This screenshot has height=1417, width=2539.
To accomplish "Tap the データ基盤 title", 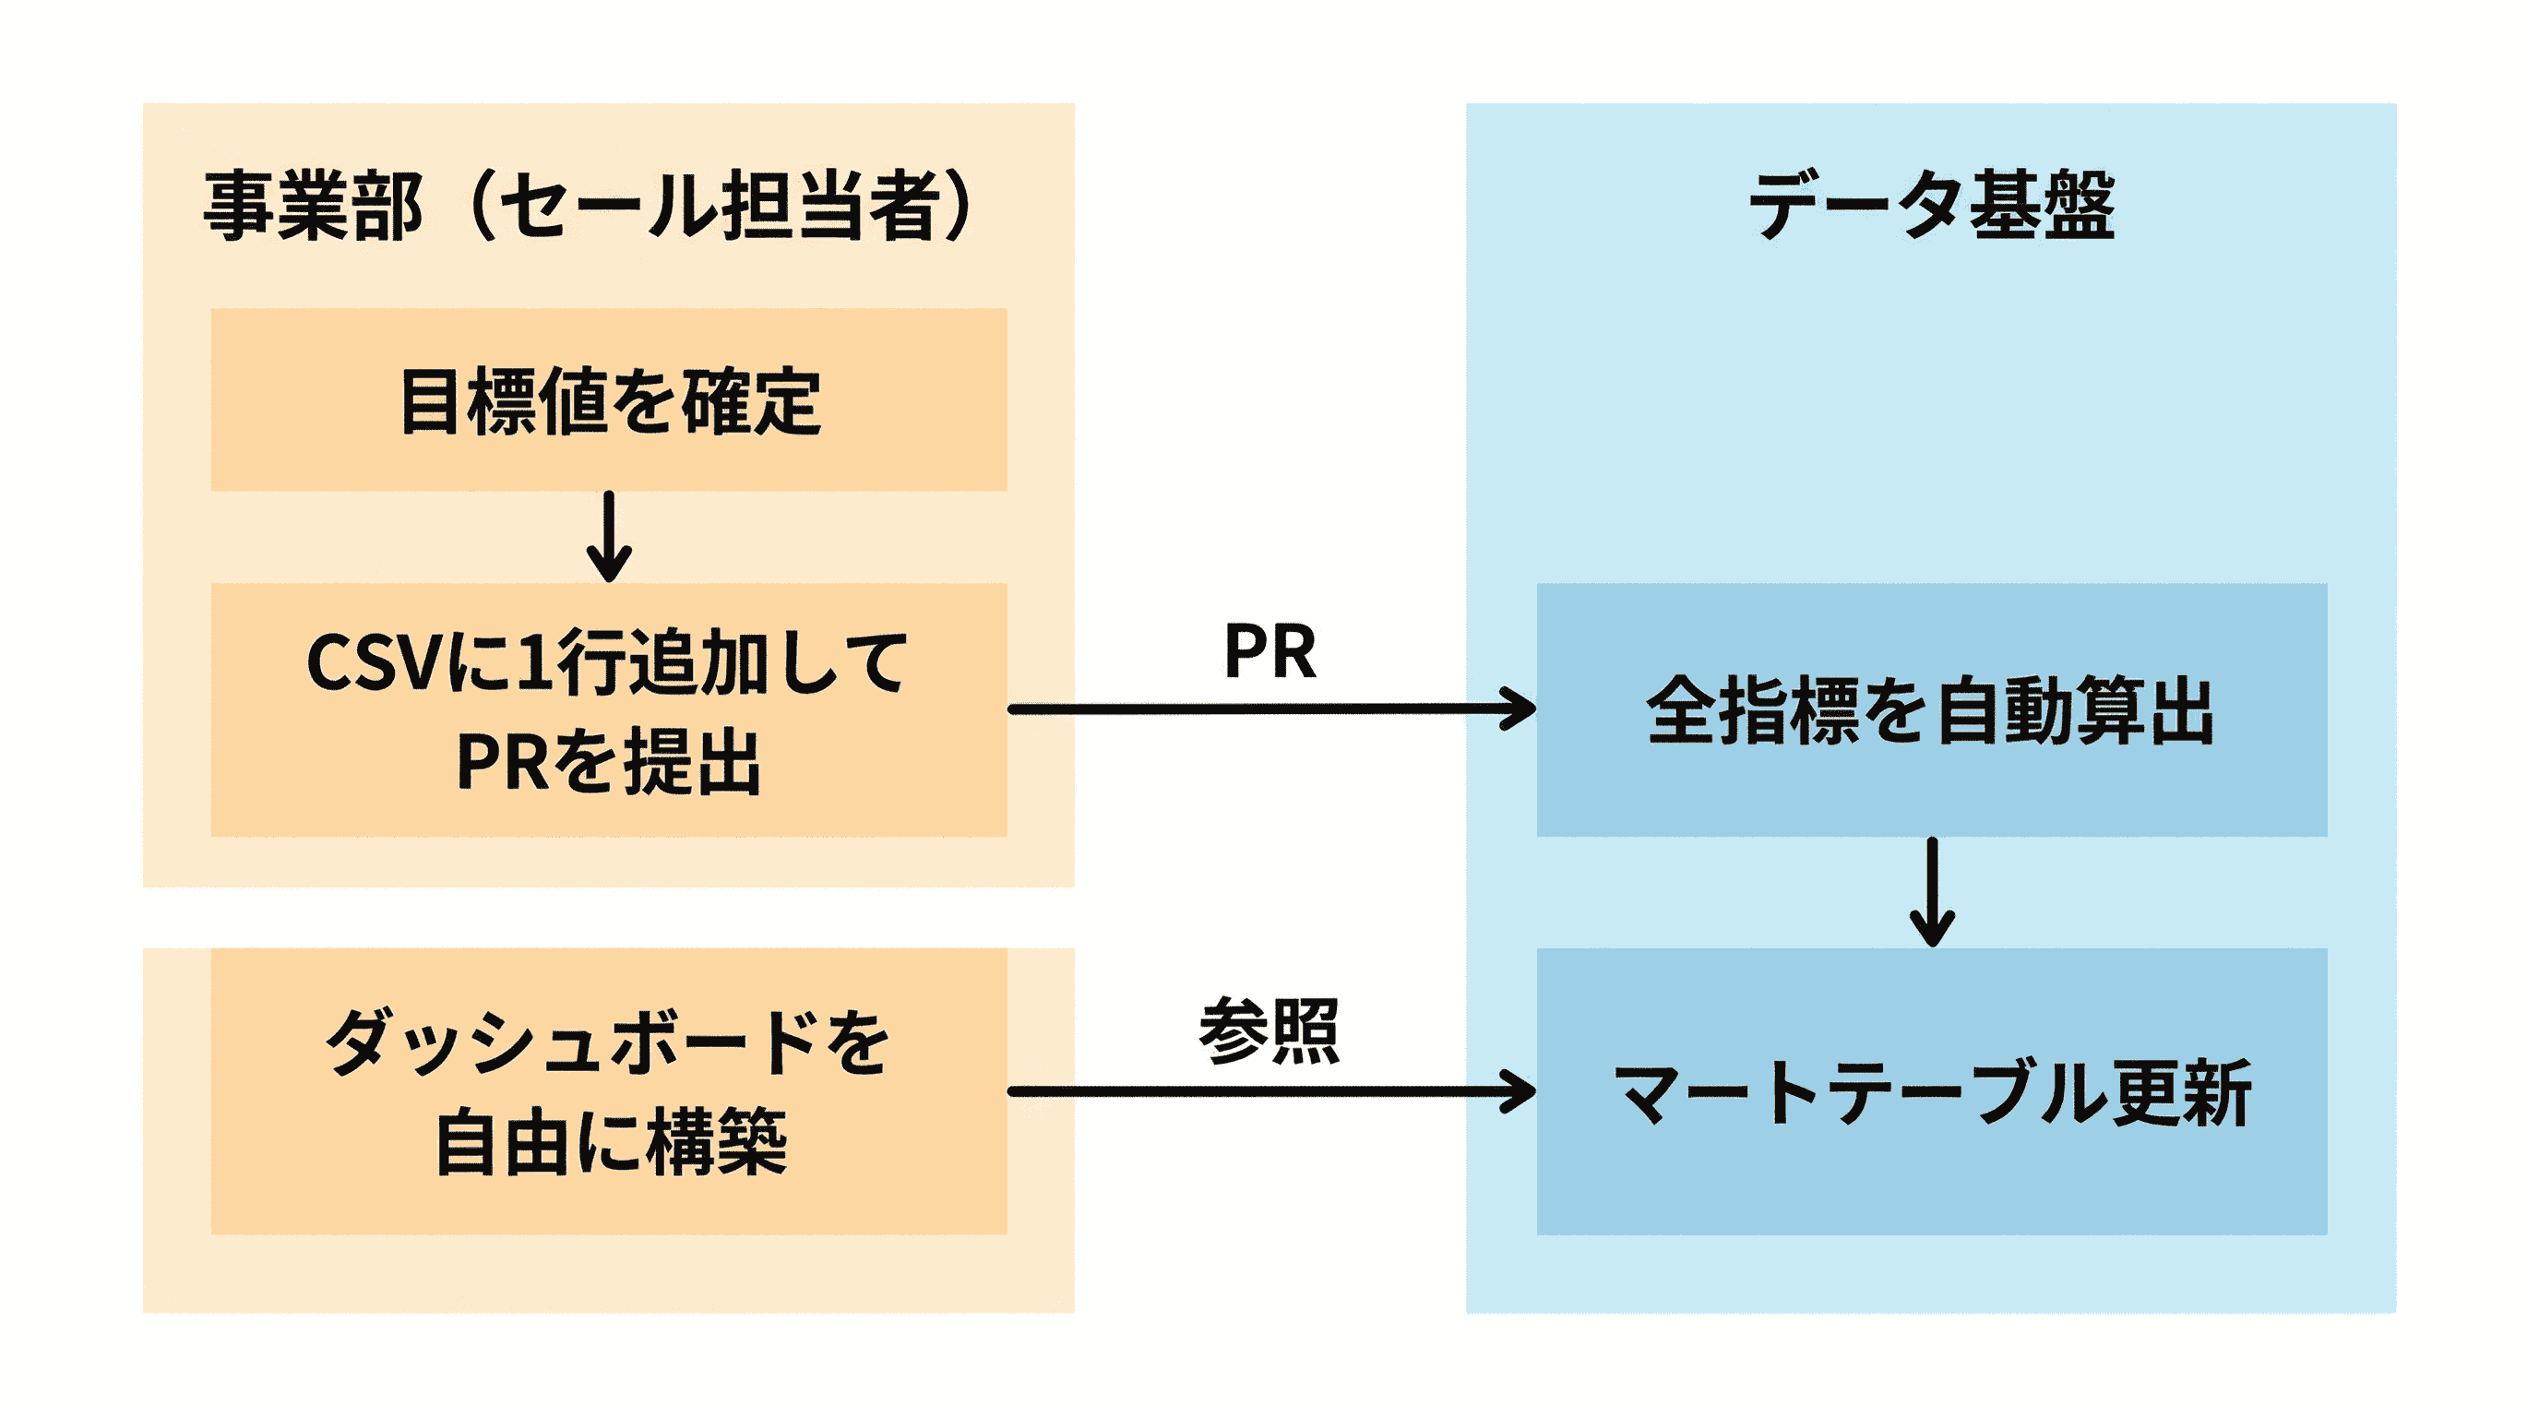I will tap(1931, 205).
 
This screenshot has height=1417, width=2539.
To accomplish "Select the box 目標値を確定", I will tap(609, 400).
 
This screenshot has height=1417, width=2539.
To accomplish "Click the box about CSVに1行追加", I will tap(609, 709).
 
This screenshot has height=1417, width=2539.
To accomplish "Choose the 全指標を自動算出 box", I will tap(1931, 709).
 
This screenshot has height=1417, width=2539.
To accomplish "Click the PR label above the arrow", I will tap(1269, 651).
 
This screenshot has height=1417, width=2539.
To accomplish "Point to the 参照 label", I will tap(1269, 1030).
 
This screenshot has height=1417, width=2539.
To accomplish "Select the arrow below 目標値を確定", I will tap(609, 537).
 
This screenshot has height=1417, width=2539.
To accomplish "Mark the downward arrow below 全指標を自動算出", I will tap(1932, 892).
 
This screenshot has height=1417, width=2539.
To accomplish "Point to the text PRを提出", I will tap(609, 762).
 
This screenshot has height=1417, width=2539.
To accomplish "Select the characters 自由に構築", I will tap(611, 1142).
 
